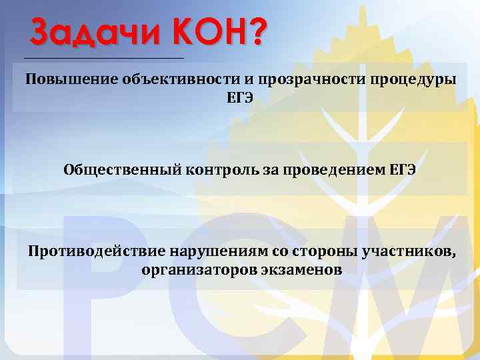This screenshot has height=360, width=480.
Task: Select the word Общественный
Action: coord(121,169)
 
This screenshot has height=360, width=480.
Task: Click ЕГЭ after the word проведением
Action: coord(403,169)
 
